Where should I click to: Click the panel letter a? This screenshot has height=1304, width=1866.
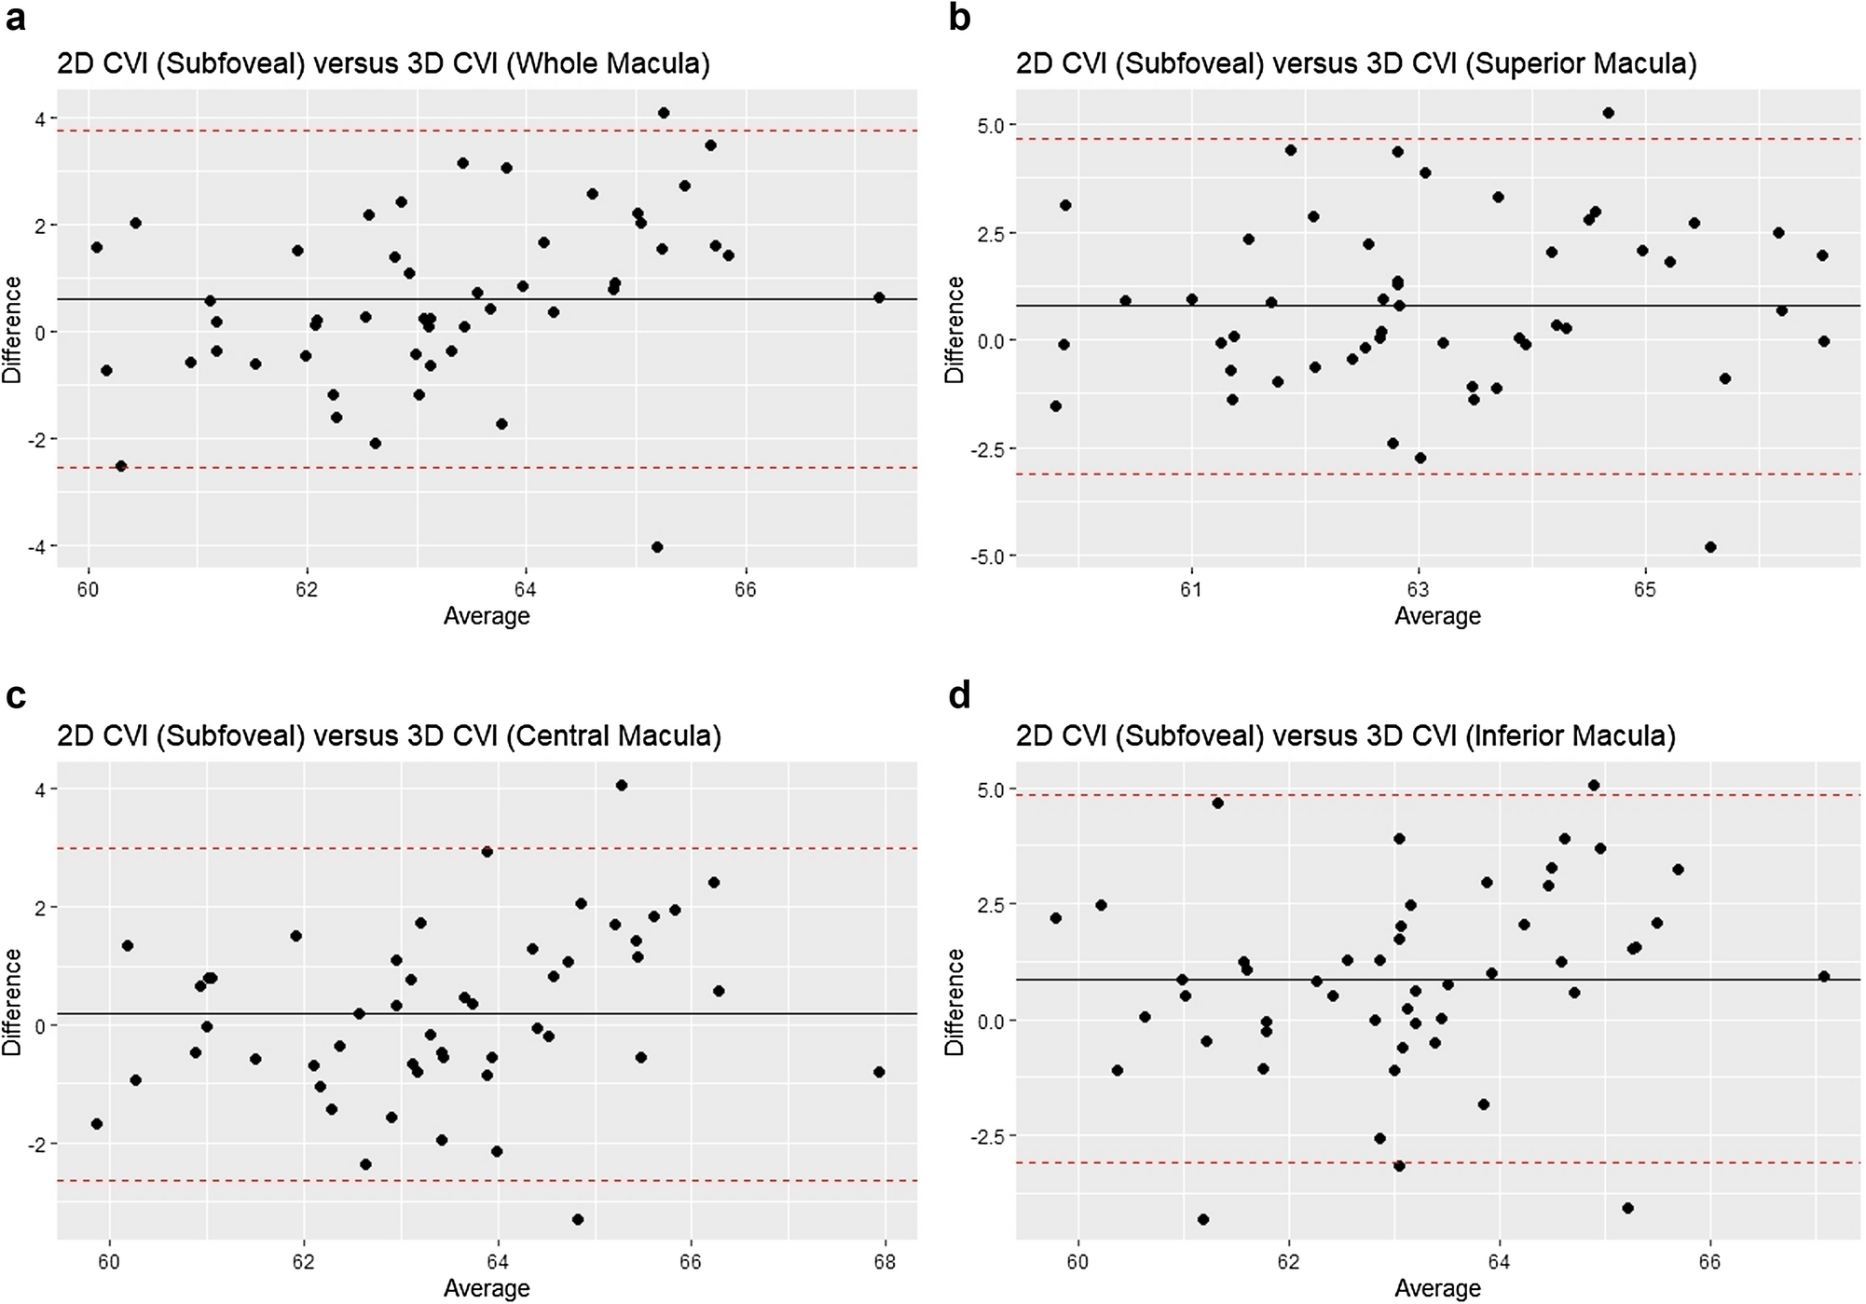15,19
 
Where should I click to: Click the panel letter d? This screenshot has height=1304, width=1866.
959,696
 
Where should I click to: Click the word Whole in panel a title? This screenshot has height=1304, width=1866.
555,64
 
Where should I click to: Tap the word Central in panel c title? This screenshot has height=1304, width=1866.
559,736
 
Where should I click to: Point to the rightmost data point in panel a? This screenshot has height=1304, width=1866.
878,297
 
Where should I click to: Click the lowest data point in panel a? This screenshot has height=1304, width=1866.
657,547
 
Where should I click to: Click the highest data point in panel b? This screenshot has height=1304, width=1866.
1608,113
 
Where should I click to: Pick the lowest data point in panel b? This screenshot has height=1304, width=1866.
1710,547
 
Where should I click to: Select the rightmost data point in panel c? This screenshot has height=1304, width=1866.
879,1072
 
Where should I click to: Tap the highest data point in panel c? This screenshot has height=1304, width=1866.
622,786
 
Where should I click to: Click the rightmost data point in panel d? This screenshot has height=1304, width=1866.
1824,977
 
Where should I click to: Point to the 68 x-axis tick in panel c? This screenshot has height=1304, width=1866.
885,1262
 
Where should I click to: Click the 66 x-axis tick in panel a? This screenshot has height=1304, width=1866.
745,589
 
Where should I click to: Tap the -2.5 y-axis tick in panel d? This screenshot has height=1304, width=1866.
990,1137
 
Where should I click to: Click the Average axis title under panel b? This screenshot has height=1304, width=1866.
1437,616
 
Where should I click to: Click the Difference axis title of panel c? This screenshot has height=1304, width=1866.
12,1002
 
